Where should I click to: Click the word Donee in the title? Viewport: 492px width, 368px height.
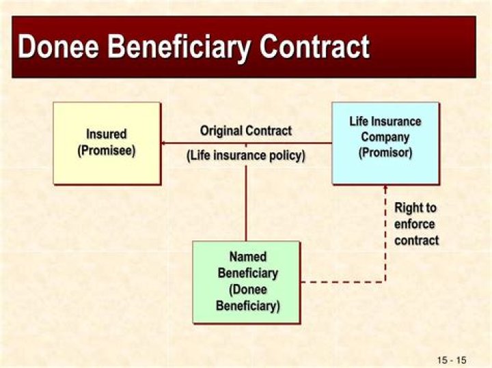click(58, 46)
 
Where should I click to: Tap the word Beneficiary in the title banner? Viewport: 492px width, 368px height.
click(179, 48)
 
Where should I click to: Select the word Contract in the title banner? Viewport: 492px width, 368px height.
click(314, 46)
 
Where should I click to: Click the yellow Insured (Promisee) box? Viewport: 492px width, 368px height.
click(107, 143)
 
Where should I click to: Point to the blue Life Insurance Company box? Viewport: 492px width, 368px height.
click(385, 143)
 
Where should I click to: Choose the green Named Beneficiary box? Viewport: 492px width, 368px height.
click(246, 282)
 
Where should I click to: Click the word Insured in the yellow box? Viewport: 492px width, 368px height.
click(107, 135)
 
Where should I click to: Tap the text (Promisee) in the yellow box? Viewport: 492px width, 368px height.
click(107, 151)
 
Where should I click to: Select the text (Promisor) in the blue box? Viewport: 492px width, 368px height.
click(385, 153)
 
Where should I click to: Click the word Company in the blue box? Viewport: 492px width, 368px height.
click(385, 137)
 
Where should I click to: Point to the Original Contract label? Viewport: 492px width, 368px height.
click(246, 130)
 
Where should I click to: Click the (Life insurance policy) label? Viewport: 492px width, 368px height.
click(246, 156)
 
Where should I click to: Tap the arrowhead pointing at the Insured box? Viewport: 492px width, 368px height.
click(163, 143)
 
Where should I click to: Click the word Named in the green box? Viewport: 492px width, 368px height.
click(248, 257)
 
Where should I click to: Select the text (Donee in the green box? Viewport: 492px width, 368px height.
click(248, 289)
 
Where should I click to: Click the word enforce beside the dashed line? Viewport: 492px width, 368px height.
click(415, 224)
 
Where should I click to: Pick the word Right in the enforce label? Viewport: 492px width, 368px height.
click(407, 208)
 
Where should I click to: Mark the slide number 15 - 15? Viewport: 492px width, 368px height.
click(452, 360)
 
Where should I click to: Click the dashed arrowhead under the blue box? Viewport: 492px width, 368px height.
click(385, 187)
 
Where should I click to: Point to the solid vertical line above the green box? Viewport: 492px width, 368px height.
click(246, 203)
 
